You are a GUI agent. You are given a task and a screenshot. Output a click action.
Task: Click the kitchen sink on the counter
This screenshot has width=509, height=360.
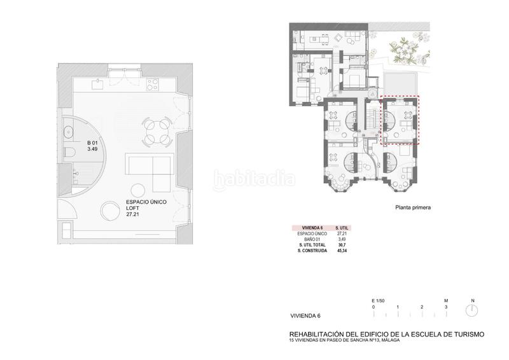tap(97, 83)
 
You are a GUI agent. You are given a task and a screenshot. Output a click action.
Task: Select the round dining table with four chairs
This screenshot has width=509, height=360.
tap(155, 131)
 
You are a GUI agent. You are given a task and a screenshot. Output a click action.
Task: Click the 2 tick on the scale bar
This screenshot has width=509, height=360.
tap(422, 307)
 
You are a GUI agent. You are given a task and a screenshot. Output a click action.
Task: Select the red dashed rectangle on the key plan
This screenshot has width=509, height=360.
tap(400, 120)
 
